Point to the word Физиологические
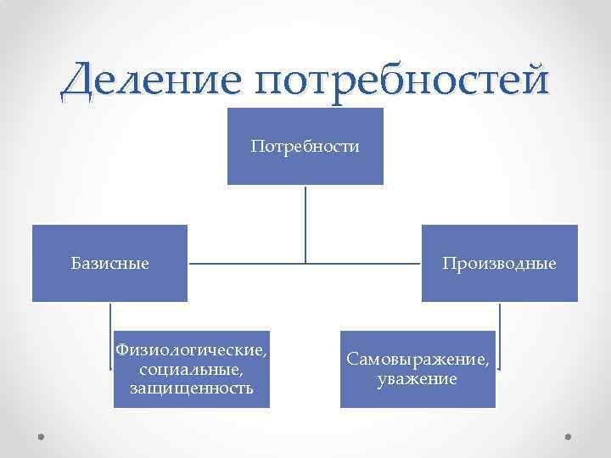click(x=191, y=350)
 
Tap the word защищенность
click(x=191, y=388)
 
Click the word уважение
click(x=418, y=379)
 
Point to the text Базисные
click(x=109, y=264)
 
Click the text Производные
click(x=499, y=264)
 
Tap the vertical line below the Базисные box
click(x=110, y=335)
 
